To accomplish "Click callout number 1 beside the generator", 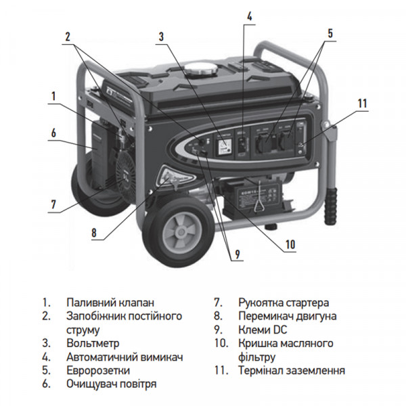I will [x=52, y=97].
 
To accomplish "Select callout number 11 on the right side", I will [x=362, y=104].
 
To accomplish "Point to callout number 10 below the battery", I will [x=290, y=244].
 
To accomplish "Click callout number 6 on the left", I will [x=52, y=133].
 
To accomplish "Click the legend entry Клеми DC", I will [x=261, y=330].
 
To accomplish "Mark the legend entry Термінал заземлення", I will [x=291, y=370].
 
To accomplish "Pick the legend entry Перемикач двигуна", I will [x=287, y=316].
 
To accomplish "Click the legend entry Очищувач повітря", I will [x=112, y=384].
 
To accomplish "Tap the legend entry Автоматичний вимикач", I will [x=125, y=357].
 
